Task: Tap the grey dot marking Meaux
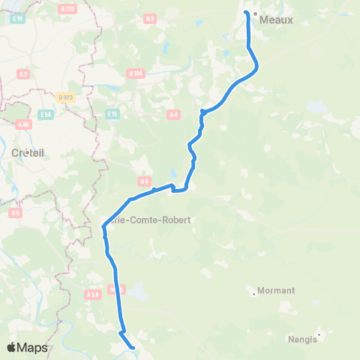click(x=255, y=14)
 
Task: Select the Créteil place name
click(x=28, y=152)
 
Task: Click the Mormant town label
click(x=276, y=290)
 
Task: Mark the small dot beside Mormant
click(x=254, y=294)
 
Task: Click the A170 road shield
click(x=67, y=10)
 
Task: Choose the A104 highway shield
click(x=135, y=73)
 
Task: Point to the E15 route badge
click(x=112, y=113)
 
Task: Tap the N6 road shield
click(x=15, y=213)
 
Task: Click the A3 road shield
click(x=23, y=73)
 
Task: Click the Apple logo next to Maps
click(x=12, y=347)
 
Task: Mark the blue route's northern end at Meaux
click(x=247, y=12)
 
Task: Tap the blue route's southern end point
click(x=133, y=347)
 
